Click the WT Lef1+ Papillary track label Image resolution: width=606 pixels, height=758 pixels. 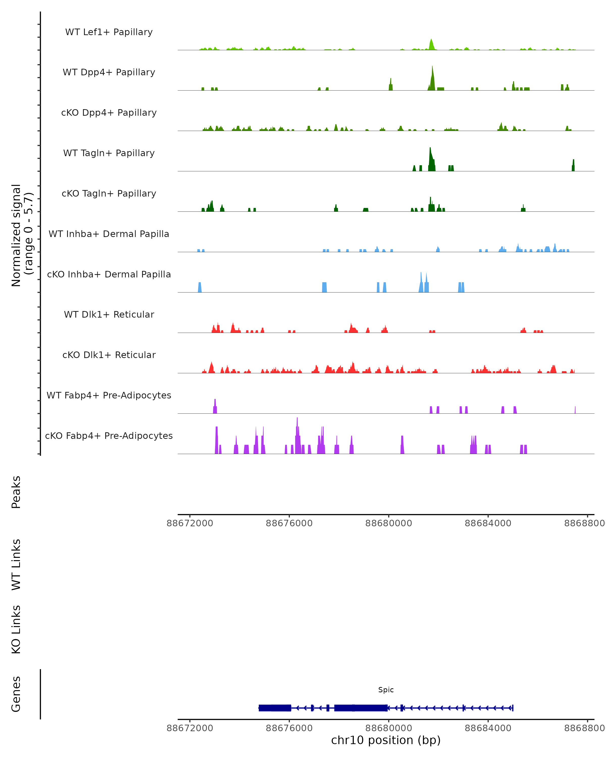point(109,32)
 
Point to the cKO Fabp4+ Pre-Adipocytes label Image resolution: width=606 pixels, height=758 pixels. point(109,436)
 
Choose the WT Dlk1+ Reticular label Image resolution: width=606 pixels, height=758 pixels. point(109,314)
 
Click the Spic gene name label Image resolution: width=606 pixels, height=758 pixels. point(386,690)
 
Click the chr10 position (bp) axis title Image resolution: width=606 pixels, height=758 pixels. point(386,740)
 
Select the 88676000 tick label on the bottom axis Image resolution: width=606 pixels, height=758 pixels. point(289,728)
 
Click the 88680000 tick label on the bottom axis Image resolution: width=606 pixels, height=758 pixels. point(389,728)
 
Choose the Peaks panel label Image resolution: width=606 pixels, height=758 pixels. point(16,492)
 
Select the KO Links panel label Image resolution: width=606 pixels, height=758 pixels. point(16,629)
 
